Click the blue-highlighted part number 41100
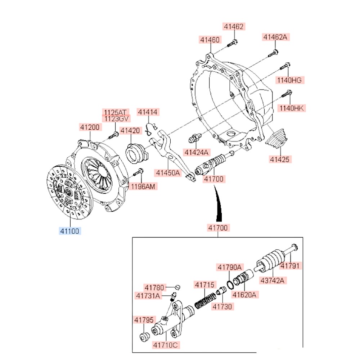pos(70,231)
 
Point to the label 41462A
pos(276,37)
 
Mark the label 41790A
pos(229,267)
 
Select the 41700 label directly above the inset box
pos(218,228)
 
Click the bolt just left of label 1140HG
pos(285,67)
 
